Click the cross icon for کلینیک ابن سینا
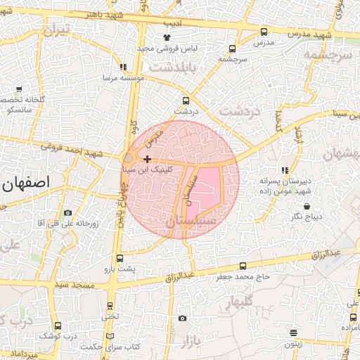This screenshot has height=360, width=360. pos(146,160)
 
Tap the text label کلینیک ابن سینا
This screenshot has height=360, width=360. pos(146,170)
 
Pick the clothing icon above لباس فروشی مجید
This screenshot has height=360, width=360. pos(167,37)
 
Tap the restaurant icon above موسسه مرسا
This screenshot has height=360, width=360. pos(124,67)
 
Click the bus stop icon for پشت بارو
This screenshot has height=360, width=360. pos(119,259)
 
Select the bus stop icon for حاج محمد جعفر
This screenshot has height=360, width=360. pos(243,266)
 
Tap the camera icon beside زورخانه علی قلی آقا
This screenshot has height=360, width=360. pos(67,212)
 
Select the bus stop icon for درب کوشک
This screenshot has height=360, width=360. pos(58,326)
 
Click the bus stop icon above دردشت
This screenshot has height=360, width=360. pos(186,101)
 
